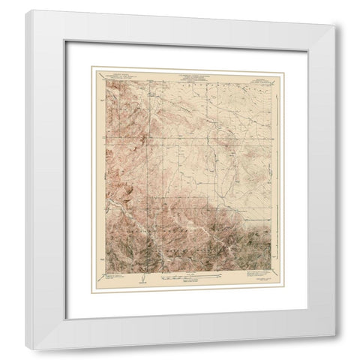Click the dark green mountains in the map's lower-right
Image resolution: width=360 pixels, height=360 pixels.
click(x=247, y=240)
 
